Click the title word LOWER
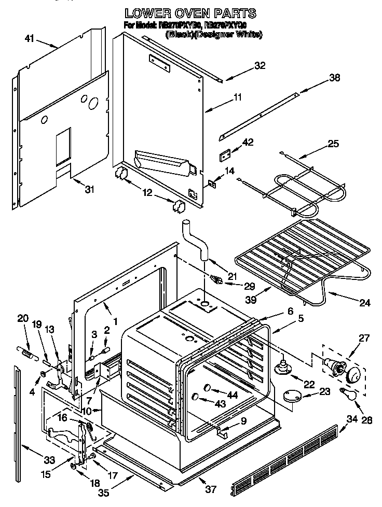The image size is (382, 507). coord(147,13)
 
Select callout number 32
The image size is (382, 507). coord(260,65)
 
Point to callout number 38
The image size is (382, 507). coord(334,78)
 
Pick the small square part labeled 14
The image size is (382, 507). coord(212,182)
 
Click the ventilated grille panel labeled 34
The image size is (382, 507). coord(291,459)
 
